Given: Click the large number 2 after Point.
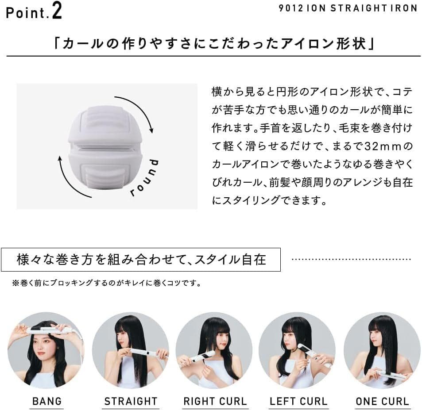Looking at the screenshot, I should [x=56, y=11].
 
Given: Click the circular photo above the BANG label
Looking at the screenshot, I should [x=46, y=350].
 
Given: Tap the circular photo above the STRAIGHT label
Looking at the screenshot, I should [x=130, y=350].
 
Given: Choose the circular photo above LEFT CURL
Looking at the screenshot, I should [x=297, y=350].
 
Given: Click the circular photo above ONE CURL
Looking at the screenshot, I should [x=382, y=350].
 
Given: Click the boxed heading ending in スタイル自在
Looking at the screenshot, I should [x=141, y=259].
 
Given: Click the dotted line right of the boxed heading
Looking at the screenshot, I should [x=352, y=259].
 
